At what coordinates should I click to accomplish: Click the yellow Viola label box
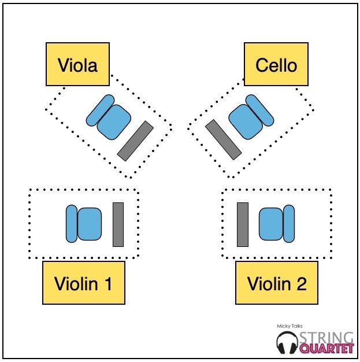pos(78,65)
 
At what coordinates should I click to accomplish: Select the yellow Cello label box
pos(276,65)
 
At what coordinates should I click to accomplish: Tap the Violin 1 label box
pos(83,283)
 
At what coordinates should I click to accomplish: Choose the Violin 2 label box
pos(277,283)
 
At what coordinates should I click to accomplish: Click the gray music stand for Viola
pos(135,141)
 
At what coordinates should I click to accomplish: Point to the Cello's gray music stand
pos(223,139)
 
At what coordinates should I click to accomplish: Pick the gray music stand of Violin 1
pos(118,224)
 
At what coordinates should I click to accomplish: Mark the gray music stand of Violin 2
pos(243,224)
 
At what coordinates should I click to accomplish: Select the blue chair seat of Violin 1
pos(90,224)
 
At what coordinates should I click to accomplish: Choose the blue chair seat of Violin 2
pos(270,224)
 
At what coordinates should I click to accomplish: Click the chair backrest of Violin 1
pos(72,223)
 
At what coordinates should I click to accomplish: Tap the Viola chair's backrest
pos(98,111)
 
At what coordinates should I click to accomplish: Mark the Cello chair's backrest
pos(259,109)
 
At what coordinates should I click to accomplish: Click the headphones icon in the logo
pos(287,342)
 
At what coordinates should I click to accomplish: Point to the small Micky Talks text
pos(289,327)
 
